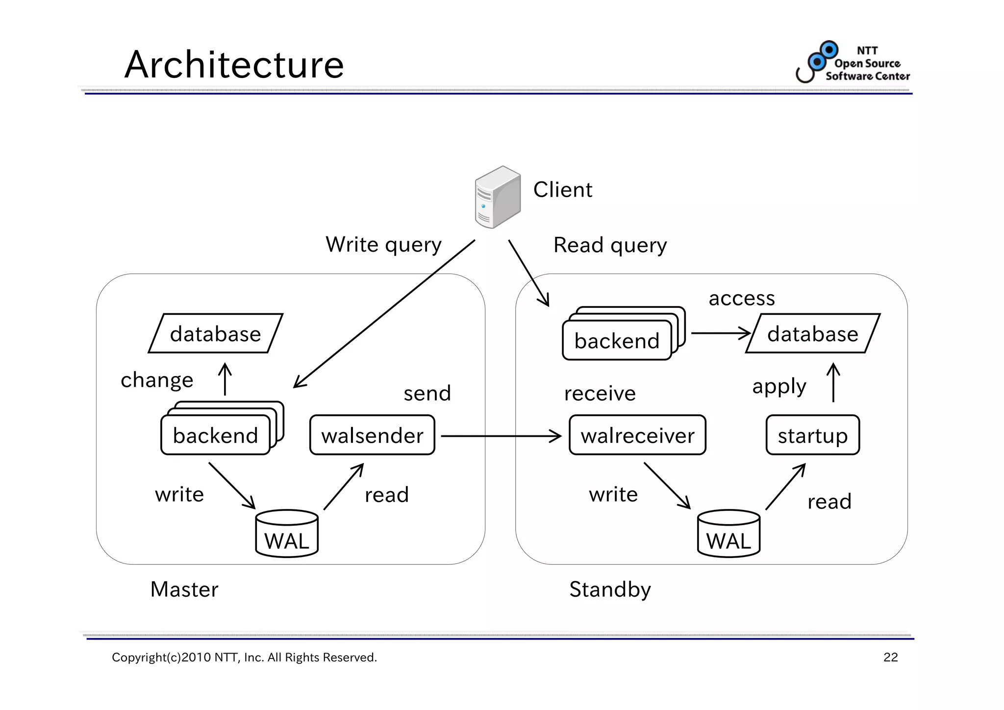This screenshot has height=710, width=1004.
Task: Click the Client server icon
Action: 497,197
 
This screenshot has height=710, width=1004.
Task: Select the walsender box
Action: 372,435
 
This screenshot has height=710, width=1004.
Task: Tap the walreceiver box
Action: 637,435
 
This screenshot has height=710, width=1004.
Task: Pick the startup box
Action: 812,435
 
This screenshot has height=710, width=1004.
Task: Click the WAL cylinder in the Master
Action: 287,534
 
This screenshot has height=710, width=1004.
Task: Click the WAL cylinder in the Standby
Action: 728,534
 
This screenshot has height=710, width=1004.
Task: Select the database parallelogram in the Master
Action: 216,333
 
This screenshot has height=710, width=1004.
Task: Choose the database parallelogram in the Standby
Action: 813,333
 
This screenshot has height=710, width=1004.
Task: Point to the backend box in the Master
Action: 216,435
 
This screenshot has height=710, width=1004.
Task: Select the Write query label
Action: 383,245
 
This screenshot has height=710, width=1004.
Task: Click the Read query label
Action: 610,245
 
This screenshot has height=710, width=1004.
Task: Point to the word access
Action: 742,298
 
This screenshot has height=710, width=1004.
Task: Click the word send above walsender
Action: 427,393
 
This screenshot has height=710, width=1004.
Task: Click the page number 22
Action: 890,658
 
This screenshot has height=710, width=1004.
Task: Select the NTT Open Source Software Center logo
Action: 853,62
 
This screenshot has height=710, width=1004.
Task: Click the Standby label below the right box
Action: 610,589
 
